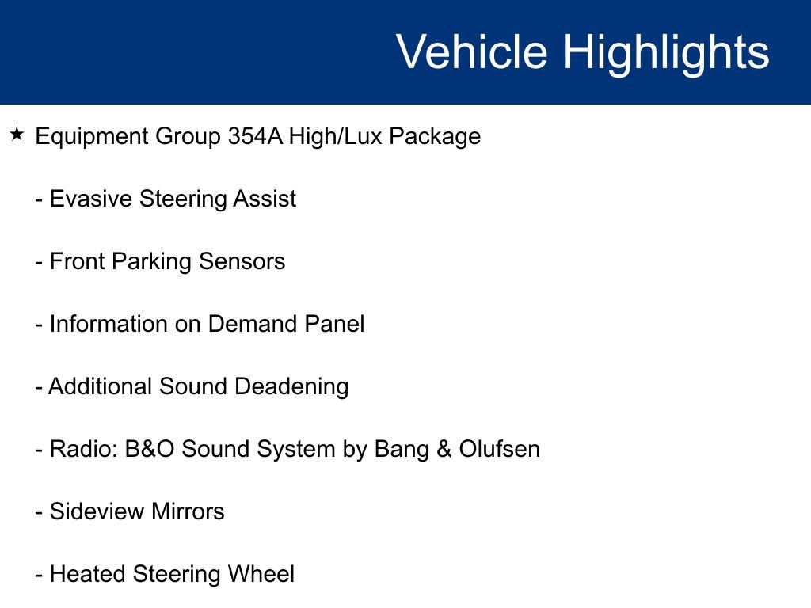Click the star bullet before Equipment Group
pyautogui.click(x=17, y=135)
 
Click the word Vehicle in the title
pyautogui.click(x=472, y=52)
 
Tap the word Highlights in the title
pyautogui.click(x=666, y=52)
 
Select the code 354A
pyautogui.click(x=255, y=136)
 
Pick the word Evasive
pyautogui.click(x=91, y=199)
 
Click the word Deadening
pyautogui.click(x=291, y=386)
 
